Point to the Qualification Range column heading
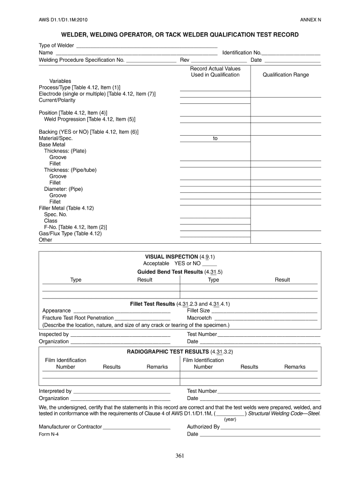286,75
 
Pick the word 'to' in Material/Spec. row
215,138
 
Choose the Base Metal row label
52,145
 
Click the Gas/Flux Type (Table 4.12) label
70,233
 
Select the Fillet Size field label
198,311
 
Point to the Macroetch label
199,318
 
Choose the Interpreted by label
55,391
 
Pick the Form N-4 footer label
49,434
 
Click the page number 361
180,457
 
